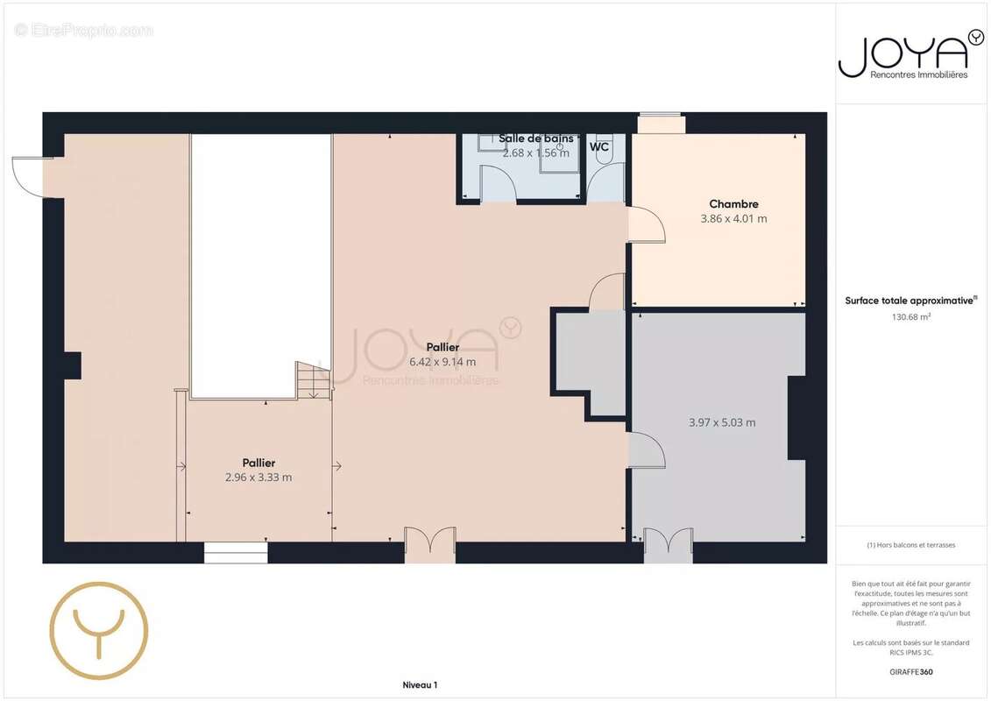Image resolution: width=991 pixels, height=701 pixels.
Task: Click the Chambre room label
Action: coord(733,204)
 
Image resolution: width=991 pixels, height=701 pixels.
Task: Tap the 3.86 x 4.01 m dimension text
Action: coord(733,219)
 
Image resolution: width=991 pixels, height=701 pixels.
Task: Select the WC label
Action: coord(599,146)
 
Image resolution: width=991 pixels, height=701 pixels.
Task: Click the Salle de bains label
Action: coord(536,138)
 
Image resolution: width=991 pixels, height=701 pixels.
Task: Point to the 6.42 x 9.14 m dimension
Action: coord(442,362)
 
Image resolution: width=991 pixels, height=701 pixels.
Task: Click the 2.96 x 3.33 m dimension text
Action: coord(258,478)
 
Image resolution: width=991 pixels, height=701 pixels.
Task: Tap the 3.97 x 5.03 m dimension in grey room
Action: coord(722,422)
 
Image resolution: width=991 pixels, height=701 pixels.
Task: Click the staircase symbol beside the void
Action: coord(314,380)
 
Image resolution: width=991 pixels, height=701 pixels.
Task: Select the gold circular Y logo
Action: coord(99,630)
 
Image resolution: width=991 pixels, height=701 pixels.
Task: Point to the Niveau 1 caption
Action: coord(420,684)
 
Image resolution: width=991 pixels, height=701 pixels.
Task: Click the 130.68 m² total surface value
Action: coord(910,316)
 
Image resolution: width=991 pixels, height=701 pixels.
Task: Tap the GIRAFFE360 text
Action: coord(910,672)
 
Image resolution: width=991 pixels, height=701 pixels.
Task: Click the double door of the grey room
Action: coord(668,544)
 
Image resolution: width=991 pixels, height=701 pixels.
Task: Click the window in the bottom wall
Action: coord(236,552)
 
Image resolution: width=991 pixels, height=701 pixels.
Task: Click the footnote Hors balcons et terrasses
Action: coord(910,545)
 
